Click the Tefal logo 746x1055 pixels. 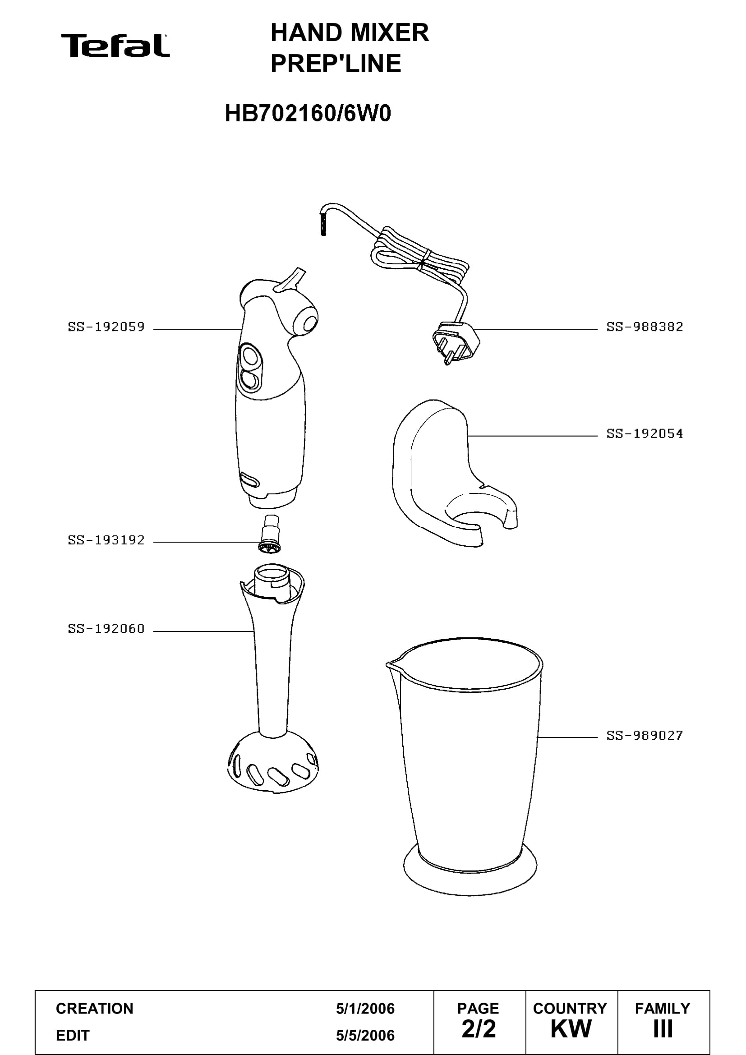[x=115, y=46]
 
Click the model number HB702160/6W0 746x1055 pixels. [x=308, y=114]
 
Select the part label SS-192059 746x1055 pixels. [x=106, y=327]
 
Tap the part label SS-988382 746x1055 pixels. [x=645, y=327]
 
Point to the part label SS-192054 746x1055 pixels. [x=645, y=433]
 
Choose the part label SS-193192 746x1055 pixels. [x=106, y=540]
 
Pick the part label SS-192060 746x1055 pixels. [x=106, y=628]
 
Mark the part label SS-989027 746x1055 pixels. [x=645, y=735]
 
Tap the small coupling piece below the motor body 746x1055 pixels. [x=270, y=534]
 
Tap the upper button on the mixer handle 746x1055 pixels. [x=251, y=356]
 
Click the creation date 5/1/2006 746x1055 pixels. [x=365, y=1009]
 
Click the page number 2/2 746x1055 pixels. [x=479, y=1029]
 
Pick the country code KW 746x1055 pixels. [x=571, y=1029]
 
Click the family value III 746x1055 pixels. [x=663, y=1029]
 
